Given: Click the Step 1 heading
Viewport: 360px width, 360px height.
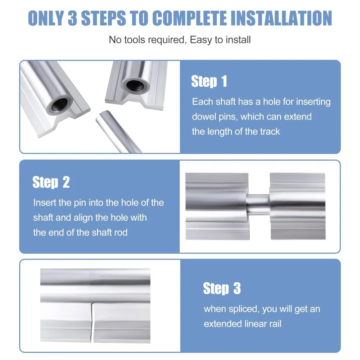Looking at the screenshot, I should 209,82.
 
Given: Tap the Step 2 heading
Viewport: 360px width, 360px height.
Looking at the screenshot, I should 51,183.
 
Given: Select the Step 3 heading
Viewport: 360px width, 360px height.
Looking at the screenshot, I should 222,289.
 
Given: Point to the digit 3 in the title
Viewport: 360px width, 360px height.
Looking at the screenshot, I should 73,18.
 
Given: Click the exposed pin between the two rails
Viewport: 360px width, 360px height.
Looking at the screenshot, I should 259,204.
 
